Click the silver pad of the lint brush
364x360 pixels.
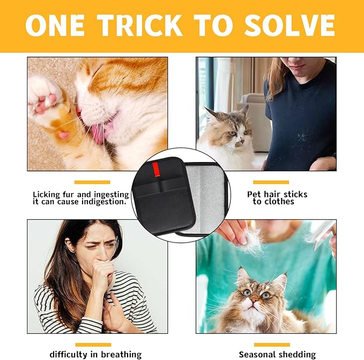pyautogui.click(x=206, y=196)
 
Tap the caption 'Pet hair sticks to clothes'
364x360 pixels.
pyautogui.click(x=277, y=197)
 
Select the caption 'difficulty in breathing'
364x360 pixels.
pyautogui.click(x=95, y=354)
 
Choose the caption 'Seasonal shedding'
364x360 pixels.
pyautogui.click(x=277, y=354)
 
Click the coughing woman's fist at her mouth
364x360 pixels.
pyautogui.click(x=102, y=271)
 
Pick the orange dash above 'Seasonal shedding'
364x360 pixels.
pyautogui.click(x=271, y=344)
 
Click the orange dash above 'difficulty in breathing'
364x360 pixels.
pyautogui.click(x=93, y=344)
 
